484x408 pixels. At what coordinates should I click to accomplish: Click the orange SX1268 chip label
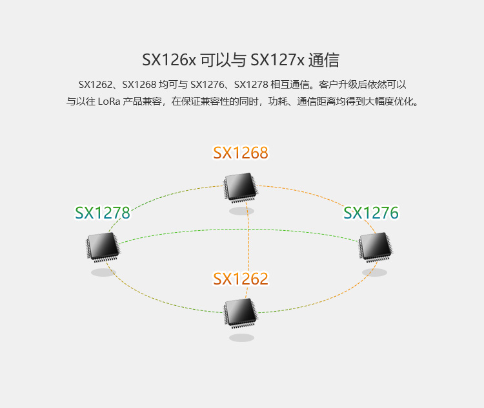click(x=241, y=153)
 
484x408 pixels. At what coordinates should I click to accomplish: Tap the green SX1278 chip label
click(x=103, y=213)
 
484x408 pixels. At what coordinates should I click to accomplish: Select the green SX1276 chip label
click(x=371, y=213)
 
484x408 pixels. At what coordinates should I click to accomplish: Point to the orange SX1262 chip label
click(x=241, y=279)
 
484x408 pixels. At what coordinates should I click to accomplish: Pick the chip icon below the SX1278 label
click(x=103, y=247)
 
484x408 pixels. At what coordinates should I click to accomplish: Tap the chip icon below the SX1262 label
click(x=241, y=313)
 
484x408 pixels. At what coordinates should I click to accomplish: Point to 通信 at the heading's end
click(x=324, y=60)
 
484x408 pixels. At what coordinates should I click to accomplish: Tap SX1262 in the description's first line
click(x=96, y=85)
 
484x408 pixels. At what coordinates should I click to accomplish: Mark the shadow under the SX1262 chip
click(x=241, y=338)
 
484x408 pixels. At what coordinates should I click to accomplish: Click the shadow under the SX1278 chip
click(x=103, y=272)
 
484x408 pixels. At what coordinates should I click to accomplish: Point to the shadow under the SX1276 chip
click(x=374, y=272)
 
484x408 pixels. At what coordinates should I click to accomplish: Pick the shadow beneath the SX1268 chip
click(x=241, y=211)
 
